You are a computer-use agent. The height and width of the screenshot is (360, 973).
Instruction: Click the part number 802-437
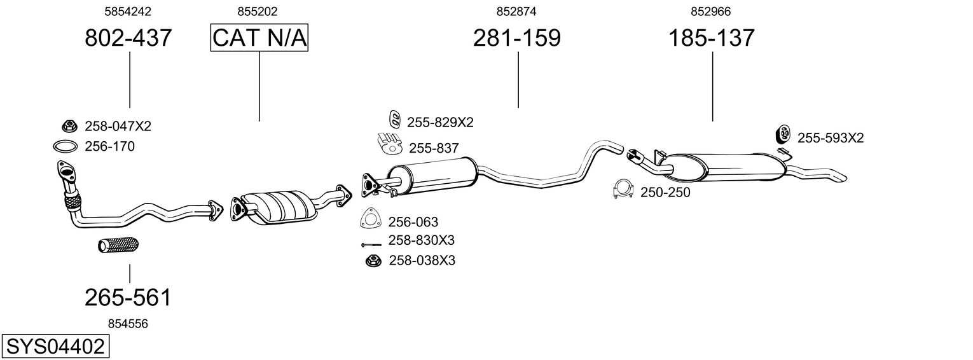click(x=128, y=38)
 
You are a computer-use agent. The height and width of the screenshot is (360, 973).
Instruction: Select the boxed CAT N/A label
click(x=259, y=38)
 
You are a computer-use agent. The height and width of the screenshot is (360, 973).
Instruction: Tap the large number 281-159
click(x=516, y=38)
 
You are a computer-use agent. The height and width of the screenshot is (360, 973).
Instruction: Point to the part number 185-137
click(x=711, y=38)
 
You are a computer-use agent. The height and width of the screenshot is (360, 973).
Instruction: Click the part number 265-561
click(x=128, y=297)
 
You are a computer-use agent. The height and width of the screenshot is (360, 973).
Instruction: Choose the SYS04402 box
click(x=55, y=347)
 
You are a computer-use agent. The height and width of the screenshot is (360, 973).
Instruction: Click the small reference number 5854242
click(x=128, y=11)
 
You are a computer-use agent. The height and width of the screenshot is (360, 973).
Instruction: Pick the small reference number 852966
click(x=710, y=11)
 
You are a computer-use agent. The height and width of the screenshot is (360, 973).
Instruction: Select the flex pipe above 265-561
click(x=119, y=245)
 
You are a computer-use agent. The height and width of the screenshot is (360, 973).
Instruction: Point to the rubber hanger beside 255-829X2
click(x=394, y=119)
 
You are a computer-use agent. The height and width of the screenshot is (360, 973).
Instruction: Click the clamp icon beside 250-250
click(x=623, y=190)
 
